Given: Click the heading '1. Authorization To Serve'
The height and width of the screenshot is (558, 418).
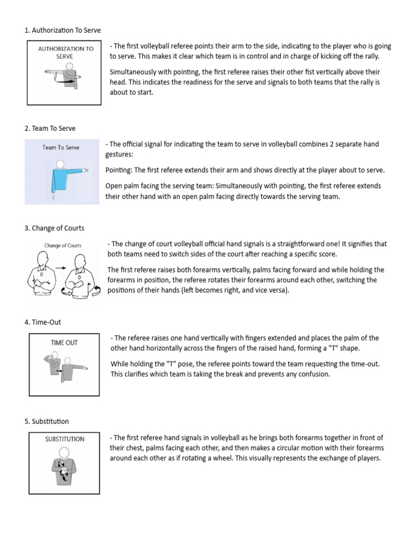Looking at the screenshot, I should click(63, 31).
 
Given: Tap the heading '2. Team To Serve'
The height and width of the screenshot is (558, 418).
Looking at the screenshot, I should click(50, 129).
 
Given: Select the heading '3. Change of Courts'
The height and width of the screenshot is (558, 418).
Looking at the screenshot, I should click(54, 228).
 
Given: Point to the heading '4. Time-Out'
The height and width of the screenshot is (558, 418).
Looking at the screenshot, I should click(42, 323).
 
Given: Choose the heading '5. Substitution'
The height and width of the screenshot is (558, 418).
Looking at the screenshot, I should click(47, 422).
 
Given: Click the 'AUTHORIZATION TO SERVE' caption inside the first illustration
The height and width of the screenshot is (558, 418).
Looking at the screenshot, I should click(65, 52).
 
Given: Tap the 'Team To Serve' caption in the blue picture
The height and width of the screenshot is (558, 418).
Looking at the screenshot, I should click(61, 147).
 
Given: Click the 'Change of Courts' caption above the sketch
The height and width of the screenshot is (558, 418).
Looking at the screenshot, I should click(63, 246).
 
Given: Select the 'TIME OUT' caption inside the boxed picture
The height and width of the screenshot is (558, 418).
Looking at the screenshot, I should click(64, 343).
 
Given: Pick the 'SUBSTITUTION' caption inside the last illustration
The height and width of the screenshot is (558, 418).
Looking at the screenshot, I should click(64, 439).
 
